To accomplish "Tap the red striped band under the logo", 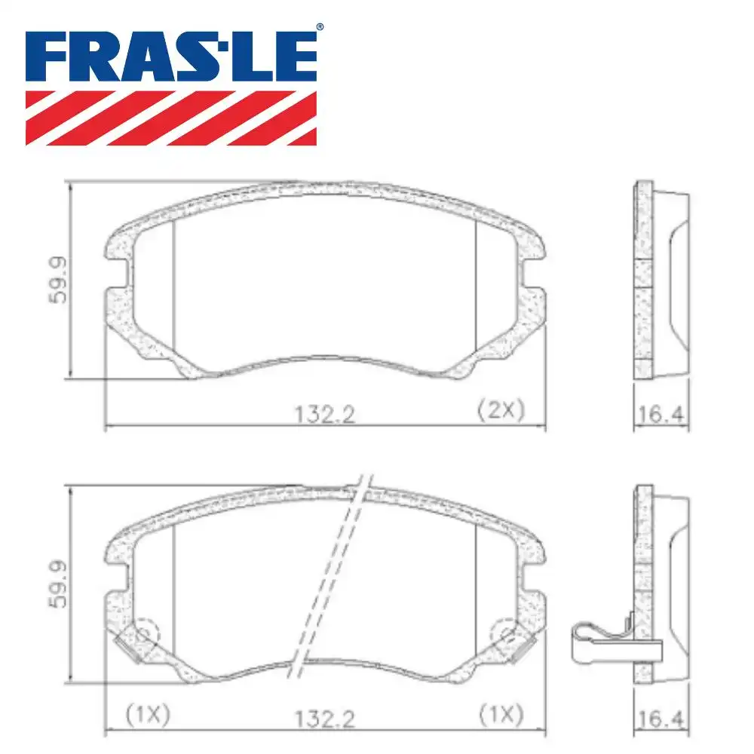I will point(171,118).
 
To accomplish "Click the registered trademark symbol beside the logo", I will point(320,27).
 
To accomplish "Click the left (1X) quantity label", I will point(147,713).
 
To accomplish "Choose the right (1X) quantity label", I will point(500,713).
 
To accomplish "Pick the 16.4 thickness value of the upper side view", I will point(660,413).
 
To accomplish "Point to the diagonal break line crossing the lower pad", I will point(332,573).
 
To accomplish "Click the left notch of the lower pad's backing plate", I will point(115,579).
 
